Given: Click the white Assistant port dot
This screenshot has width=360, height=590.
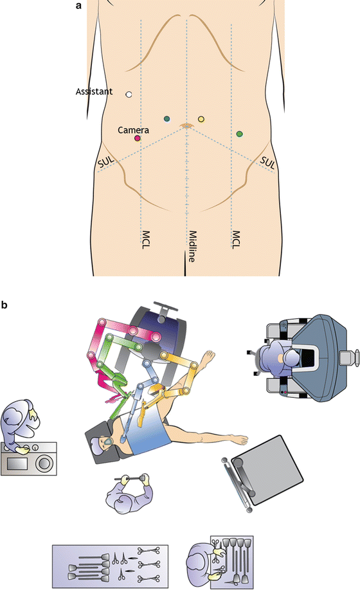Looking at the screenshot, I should pyautogui.click(x=129, y=94).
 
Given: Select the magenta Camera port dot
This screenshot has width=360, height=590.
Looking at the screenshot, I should pyautogui.click(x=137, y=138).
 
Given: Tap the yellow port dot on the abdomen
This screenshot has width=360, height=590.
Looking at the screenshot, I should pyautogui.click(x=201, y=119).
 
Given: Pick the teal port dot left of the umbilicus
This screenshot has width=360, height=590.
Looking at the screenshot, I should pyautogui.click(x=167, y=118).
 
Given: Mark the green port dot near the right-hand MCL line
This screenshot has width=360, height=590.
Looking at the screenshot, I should pyautogui.click(x=240, y=134).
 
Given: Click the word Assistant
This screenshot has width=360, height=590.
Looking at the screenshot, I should pyautogui.click(x=94, y=92).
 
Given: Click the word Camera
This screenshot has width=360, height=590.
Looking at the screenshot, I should pyautogui.click(x=133, y=130).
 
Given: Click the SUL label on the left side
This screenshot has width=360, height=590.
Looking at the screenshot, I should pyautogui.click(x=107, y=165).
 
